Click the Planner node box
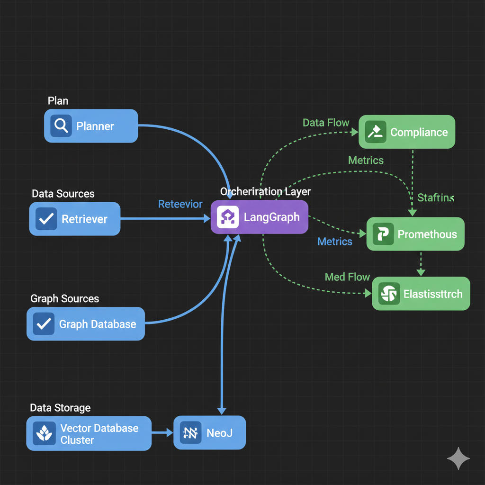point(91,126)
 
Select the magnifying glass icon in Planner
point(61,126)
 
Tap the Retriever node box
point(75,219)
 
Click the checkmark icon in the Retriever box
point(46,219)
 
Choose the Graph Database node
point(86,324)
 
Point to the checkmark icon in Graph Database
point(44,324)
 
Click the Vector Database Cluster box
point(89,433)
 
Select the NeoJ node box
point(210,432)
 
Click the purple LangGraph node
point(260,217)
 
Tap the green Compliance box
point(407,132)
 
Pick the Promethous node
point(415,234)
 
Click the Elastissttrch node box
point(421,294)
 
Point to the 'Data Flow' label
point(326,123)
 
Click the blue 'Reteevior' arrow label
point(180,204)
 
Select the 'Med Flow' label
point(347,277)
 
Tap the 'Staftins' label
point(436,198)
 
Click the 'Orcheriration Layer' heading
point(265,191)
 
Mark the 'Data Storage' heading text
point(60,408)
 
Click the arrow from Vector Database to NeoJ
point(162,432)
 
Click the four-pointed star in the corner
point(458,458)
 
